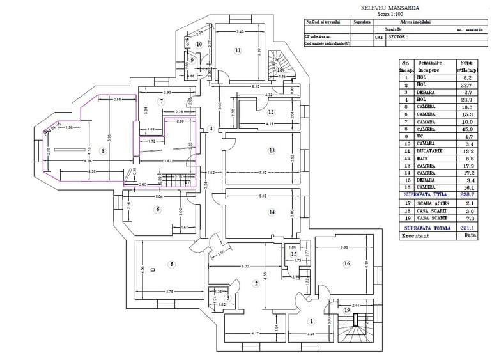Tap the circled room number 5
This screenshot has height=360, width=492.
point(171,264)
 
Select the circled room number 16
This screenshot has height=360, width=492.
point(346,263)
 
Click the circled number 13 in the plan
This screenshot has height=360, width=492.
point(272,151)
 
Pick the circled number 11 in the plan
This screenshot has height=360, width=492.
point(237,50)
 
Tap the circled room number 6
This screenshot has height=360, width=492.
point(158,208)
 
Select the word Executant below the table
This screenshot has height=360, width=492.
point(416,235)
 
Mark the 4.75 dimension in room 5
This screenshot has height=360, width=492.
point(171,292)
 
